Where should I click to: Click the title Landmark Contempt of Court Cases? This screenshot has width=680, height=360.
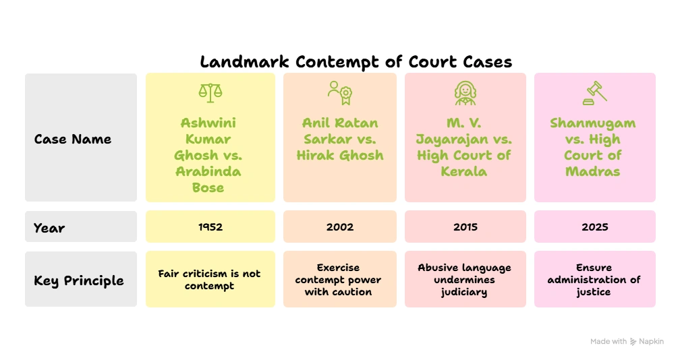[x=356, y=62]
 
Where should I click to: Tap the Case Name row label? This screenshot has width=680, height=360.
[x=73, y=140]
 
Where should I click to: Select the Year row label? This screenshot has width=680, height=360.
[x=49, y=228]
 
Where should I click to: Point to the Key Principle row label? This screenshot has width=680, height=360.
[x=79, y=280]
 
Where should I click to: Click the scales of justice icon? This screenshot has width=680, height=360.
[x=210, y=93]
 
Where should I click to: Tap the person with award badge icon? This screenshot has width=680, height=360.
[x=340, y=93]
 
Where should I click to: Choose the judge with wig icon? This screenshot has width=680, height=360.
[x=465, y=93]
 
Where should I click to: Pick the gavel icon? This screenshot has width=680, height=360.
[x=594, y=93]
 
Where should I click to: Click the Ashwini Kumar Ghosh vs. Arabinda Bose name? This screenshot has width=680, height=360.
[x=209, y=155]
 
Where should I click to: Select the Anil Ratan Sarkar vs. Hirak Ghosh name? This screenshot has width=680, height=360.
[x=340, y=139]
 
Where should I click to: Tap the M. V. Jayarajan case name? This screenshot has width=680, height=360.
[x=465, y=147]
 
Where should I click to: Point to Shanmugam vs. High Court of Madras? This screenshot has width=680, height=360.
[x=594, y=147]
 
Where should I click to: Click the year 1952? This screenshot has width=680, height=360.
[x=210, y=227]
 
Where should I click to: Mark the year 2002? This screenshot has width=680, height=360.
[x=340, y=227]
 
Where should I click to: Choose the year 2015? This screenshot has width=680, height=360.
[x=465, y=227]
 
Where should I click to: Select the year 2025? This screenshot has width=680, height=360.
[x=594, y=227]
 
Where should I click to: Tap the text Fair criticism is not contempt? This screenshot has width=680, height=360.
[x=209, y=279]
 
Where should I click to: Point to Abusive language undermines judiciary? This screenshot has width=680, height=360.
[x=465, y=279]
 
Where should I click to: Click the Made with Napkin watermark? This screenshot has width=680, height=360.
[x=627, y=342]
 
